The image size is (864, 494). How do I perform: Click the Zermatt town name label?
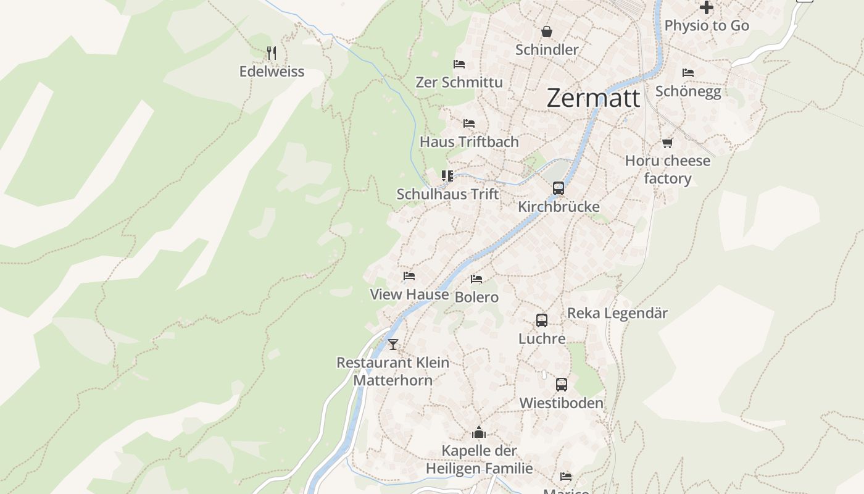click(x=593, y=98)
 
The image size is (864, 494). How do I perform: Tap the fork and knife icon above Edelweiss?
click(x=272, y=53)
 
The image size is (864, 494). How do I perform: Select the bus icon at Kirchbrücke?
click(x=558, y=188)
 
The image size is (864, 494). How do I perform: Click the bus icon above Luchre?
click(x=541, y=320)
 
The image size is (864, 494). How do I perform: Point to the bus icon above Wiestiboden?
click(x=561, y=385)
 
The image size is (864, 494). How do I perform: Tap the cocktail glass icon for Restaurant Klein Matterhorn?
click(x=393, y=344)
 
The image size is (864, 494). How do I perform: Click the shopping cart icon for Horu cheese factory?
click(x=667, y=143)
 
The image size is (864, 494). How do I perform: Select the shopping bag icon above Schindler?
click(x=546, y=31)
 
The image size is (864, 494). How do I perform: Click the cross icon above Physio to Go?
click(x=707, y=7)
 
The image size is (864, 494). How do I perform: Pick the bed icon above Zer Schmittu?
click(x=459, y=64)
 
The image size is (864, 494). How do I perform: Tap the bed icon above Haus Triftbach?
click(x=469, y=124)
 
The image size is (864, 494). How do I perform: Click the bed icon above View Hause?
click(x=409, y=276)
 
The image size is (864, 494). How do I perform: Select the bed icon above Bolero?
click(x=476, y=279)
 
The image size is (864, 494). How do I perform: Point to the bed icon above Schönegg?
click(x=688, y=73)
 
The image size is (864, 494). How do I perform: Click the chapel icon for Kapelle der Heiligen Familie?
click(x=479, y=432)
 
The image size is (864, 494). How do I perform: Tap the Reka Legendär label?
click(x=617, y=313)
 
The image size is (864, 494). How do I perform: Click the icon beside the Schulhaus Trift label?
click(x=447, y=176)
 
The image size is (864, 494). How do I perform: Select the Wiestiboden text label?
click(x=561, y=403)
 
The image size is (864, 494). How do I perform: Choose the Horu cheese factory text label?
click(x=667, y=170)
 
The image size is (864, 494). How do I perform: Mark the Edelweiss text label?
click(x=272, y=72)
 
